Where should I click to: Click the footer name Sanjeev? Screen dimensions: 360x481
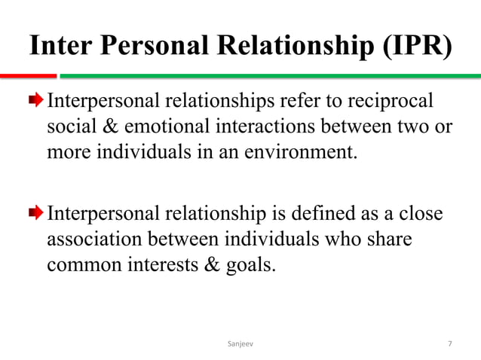[x=241, y=344]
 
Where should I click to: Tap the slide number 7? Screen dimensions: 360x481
[x=449, y=344]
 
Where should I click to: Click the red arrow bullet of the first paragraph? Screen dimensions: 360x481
[x=38, y=102]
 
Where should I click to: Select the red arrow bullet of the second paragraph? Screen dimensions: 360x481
[x=38, y=214]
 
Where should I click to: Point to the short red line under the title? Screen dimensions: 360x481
[x=28, y=75]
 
